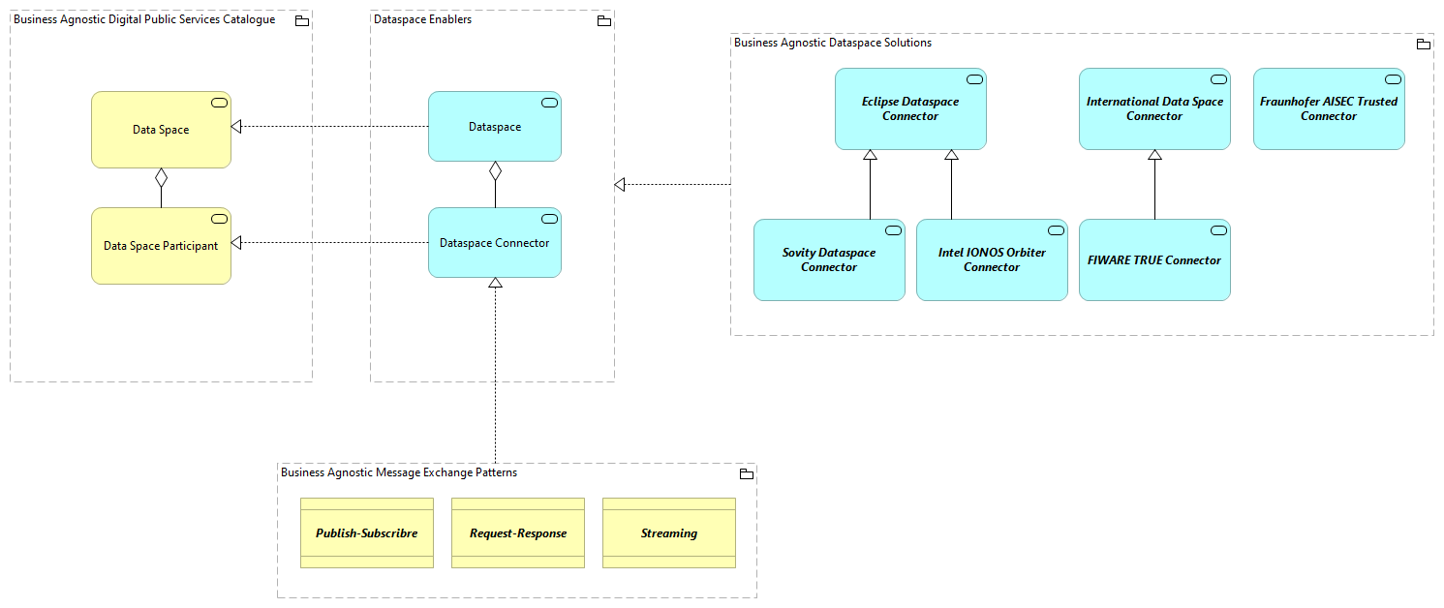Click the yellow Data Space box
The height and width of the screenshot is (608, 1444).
point(161,130)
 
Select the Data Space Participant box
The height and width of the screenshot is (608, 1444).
point(161,246)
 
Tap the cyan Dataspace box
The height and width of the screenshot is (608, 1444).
point(495,127)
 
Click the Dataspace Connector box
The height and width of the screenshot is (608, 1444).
point(495,243)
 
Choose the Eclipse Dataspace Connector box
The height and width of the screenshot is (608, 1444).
point(910,109)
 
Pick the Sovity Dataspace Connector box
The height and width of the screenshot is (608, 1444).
point(829,260)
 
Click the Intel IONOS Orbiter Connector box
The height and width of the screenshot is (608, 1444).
point(992,260)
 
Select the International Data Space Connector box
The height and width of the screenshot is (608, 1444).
point(1154,109)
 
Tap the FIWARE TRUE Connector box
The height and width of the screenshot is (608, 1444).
point(1154,260)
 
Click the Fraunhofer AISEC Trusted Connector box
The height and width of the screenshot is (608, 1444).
point(1329,109)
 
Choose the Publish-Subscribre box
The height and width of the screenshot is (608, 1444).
point(366,533)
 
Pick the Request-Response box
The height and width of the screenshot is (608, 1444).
point(518,533)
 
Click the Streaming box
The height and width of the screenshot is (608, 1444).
point(668,533)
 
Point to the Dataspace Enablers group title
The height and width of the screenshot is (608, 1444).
point(423,19)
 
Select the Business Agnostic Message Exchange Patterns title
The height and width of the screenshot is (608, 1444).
point(399,472)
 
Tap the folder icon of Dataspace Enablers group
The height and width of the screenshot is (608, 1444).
point(603,20)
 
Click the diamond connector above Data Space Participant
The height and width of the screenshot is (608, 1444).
point(161,177)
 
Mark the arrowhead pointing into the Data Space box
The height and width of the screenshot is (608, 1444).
point(236,127)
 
